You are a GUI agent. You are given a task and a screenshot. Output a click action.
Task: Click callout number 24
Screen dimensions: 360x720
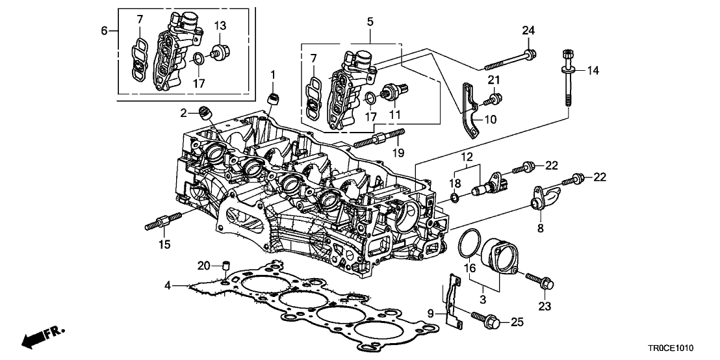pos(528,30)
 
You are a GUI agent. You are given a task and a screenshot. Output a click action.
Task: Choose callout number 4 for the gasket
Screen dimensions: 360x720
pos(168,285)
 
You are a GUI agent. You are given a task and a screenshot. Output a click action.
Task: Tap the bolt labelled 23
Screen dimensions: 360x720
pos(539,281)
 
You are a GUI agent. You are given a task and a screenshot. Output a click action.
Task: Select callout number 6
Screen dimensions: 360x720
pos(105,30)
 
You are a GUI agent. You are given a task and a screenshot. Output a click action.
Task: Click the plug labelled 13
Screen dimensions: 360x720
pos(224,49)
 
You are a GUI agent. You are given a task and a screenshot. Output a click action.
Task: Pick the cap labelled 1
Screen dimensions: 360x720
pos(276,98)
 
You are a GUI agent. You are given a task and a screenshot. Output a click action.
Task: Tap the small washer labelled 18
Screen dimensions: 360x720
pos(456,196)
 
